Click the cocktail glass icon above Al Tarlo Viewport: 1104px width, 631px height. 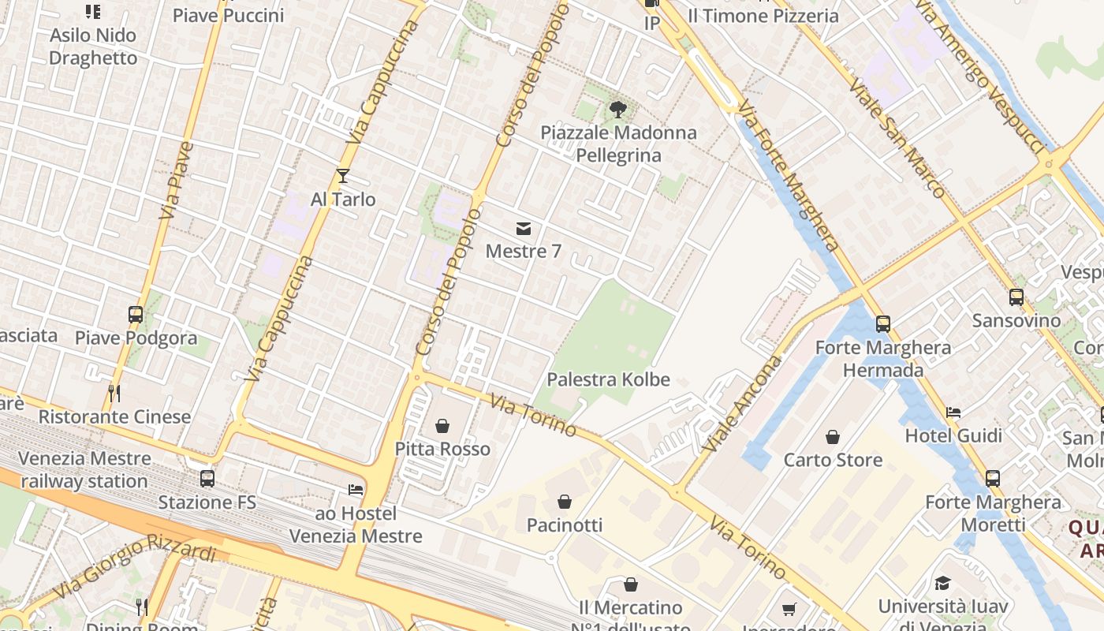[342, 175]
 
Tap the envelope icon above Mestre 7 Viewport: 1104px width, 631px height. [523, 229]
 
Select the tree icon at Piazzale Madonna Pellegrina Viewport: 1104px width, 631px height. [618, 110]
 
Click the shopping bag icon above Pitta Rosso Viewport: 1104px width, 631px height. [442, 426]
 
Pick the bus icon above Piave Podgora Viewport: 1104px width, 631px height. [136, 315]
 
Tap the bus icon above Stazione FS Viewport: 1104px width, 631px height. [207, 478]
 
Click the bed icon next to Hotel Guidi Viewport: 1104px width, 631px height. [953, 412]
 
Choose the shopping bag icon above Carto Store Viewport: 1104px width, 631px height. [833, 436]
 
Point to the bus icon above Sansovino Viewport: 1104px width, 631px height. [1016, 297]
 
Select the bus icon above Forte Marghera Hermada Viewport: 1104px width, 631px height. [883, 323]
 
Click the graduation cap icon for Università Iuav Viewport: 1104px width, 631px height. [942, 584]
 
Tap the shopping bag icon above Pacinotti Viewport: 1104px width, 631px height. [565, 501]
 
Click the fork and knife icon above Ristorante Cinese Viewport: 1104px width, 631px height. [114, 392]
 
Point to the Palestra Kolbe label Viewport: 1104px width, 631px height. [608, 379]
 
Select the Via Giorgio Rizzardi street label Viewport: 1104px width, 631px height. [134, 567]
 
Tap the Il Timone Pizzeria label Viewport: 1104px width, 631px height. [763, 16]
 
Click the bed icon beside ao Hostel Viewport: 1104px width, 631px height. [356, 490]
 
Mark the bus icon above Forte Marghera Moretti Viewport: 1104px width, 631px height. [993, 478]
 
